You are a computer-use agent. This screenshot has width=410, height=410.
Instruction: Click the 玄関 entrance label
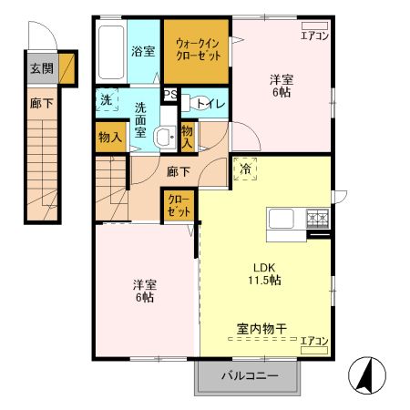pyautogui.click(x=40, y=68)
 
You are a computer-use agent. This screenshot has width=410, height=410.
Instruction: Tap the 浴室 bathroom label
pyautogui.click(x=142, y=51)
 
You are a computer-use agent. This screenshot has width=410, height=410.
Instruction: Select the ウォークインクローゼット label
pyautogui.click(x=198, y=48)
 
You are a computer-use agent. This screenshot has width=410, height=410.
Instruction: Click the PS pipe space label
pyautogui.click(x=169, y=94)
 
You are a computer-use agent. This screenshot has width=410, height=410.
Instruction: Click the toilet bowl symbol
pyautogui.click(x=188, y=103)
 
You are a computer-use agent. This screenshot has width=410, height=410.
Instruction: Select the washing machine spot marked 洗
pyautogui.click(x=106, y=99)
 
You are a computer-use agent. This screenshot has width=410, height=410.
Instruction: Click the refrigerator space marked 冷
pyautogui.click(x=246, y=169)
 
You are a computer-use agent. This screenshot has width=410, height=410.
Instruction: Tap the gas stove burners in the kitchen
pyautogui.click(x=317, y=218)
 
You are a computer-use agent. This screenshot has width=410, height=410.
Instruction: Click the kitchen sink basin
pyautogui.click(x=280, y=219)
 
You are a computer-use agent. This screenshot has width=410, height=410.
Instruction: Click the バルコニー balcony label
pyautogui.click(x=247, y=376)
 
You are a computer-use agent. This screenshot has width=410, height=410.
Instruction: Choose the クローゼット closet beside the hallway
pyautogui.click(x=179, y=205)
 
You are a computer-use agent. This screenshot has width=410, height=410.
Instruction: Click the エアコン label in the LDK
pyautogui.click(x=314, y=341)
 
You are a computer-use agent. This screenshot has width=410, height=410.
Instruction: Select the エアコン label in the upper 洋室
pyautogui.click(x=314, y=36)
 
